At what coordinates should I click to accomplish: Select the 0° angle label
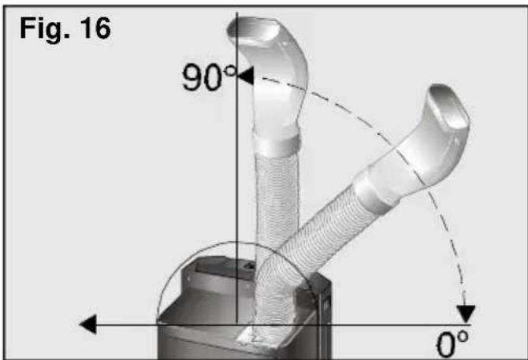pyautogui.click(x=452, y=344)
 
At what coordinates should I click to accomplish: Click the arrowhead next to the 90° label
pyautogui.click(x=246, y=76)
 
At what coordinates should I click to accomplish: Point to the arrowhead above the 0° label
pyautogui.click(x=466, y=314)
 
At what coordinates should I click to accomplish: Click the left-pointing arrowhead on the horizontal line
pyautogui.click(x=87, y=325)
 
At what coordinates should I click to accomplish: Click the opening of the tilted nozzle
pyautogui.click(x=448, y=107)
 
